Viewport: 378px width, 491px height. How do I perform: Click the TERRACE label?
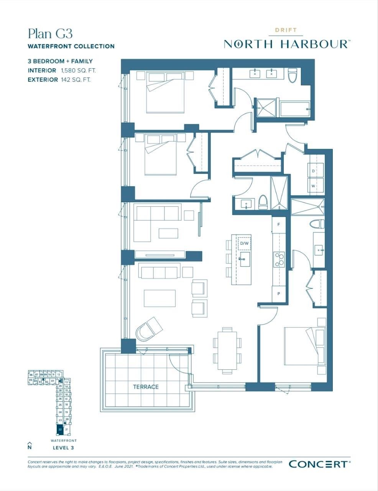pos(146,387)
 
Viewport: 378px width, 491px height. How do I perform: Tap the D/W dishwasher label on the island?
pos(244,243)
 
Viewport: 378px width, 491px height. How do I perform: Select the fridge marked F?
pos(279,224)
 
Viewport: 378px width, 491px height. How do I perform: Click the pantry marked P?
pos(279,294)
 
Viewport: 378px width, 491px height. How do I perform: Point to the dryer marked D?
pos(313,171)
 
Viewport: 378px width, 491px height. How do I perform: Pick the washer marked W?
pos(313,186)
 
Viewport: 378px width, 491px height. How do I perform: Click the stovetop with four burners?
pos(279,259)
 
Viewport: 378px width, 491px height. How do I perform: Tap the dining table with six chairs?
pos(227,350)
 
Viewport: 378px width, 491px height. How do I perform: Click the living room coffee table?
pos(160,298)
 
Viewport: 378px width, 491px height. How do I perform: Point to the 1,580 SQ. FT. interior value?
pos(78,71)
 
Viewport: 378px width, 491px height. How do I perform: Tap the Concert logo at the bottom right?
pos(319,464)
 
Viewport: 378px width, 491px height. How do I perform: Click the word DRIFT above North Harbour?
pos(286,30)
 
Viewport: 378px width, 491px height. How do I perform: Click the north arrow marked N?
pos(30,445)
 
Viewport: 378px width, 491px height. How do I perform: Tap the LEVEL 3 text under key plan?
pos(63,448)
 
